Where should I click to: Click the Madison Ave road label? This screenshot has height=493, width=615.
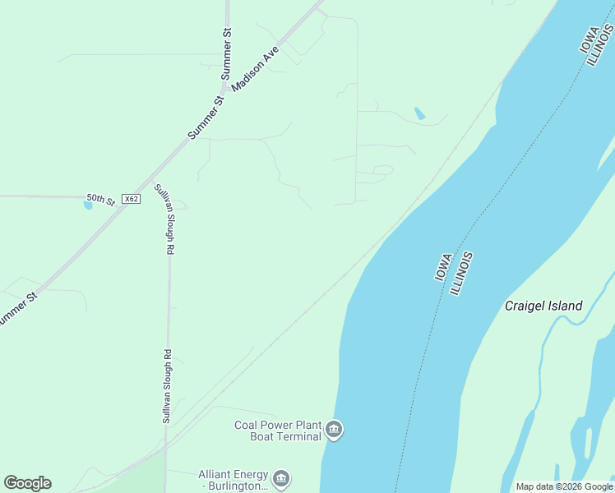click(256, 67)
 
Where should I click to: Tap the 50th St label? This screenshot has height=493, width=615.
click(100, 199)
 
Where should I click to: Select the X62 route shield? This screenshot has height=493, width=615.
click(130, 199)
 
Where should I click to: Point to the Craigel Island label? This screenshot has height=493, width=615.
click(543, 306)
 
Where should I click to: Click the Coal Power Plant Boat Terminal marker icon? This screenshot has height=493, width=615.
click(334, 429)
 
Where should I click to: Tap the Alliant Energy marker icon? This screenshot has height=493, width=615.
click(281, 478)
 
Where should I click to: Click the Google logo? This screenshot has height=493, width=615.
click(27, 482)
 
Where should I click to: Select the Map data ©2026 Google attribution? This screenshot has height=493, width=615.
click(564, 486)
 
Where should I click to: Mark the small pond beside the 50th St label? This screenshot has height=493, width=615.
click(88, 205)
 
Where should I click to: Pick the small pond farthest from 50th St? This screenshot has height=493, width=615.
click(420, 113)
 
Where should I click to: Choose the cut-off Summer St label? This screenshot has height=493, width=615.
click(18, 308)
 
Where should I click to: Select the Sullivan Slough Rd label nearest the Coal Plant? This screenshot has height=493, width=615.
click(166, 386)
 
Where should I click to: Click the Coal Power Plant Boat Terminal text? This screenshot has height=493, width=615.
click(277, 431)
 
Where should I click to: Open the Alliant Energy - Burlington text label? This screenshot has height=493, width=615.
click(233, 480)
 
